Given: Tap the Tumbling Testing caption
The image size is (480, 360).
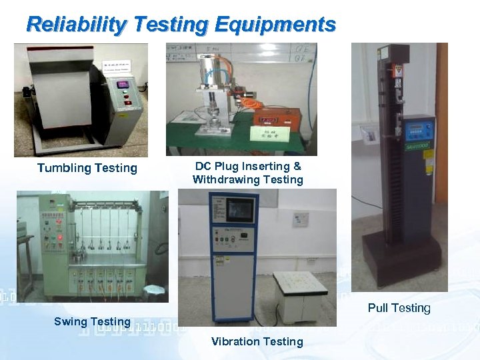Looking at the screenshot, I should tap(87, 168).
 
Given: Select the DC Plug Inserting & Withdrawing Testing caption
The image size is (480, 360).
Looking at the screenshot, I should tap(247, 173).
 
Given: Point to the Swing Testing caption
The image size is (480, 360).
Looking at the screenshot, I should tap(92, 321).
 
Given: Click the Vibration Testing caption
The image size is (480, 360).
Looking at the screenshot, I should tap(257, 341).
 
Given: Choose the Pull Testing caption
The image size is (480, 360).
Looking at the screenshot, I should tap(399, 307).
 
